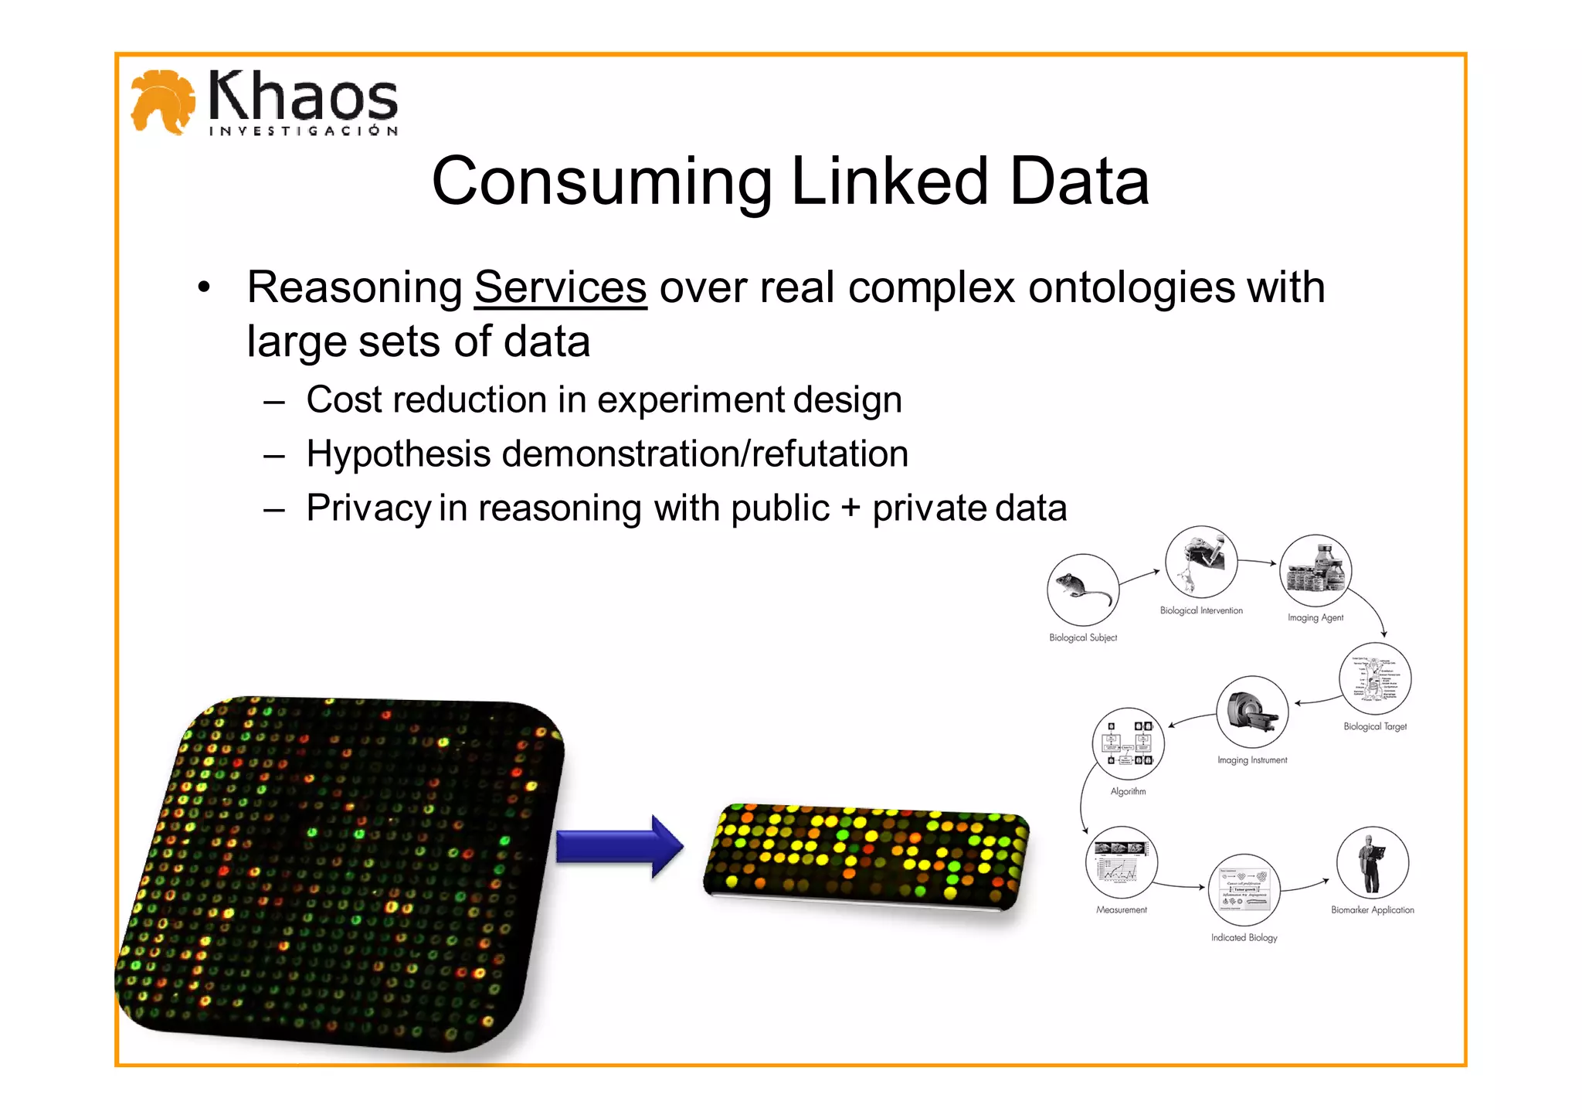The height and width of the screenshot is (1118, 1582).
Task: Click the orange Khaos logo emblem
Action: point(162,101)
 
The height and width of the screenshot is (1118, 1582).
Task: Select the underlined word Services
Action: point(560,287)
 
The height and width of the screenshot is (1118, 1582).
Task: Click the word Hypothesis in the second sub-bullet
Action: point(398,454)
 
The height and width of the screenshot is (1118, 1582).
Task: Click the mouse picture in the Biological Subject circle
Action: point(1082,590)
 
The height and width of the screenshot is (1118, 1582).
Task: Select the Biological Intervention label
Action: point(1201,610)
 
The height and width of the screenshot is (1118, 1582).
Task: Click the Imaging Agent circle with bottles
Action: point(1316,570)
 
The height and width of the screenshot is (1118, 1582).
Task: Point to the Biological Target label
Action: point(1375,726)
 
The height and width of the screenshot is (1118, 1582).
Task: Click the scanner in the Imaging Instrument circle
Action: point(1252,711)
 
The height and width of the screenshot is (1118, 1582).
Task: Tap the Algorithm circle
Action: point(1128,743)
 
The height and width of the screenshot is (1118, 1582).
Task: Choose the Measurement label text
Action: point(1121,909)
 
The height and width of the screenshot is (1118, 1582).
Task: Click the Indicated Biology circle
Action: point(1244,889)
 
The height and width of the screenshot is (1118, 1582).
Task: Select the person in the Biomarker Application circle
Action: point(1371,862)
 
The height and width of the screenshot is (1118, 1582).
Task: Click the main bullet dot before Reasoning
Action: point(203,287)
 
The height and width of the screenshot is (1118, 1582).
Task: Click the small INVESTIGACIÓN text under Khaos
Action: point(303,131)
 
